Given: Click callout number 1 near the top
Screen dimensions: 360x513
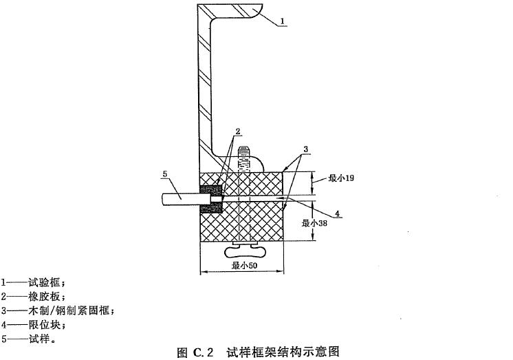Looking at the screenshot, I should point(283,23).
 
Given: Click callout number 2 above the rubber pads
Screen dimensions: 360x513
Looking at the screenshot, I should point(237,131).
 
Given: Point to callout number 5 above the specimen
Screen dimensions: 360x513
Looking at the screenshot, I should point(164,176).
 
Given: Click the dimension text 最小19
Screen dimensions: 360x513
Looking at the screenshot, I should point(340,178).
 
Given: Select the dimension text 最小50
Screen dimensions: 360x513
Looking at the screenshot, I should point(243,265).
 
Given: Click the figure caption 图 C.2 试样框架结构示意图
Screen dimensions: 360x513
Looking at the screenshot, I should point(257,352).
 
